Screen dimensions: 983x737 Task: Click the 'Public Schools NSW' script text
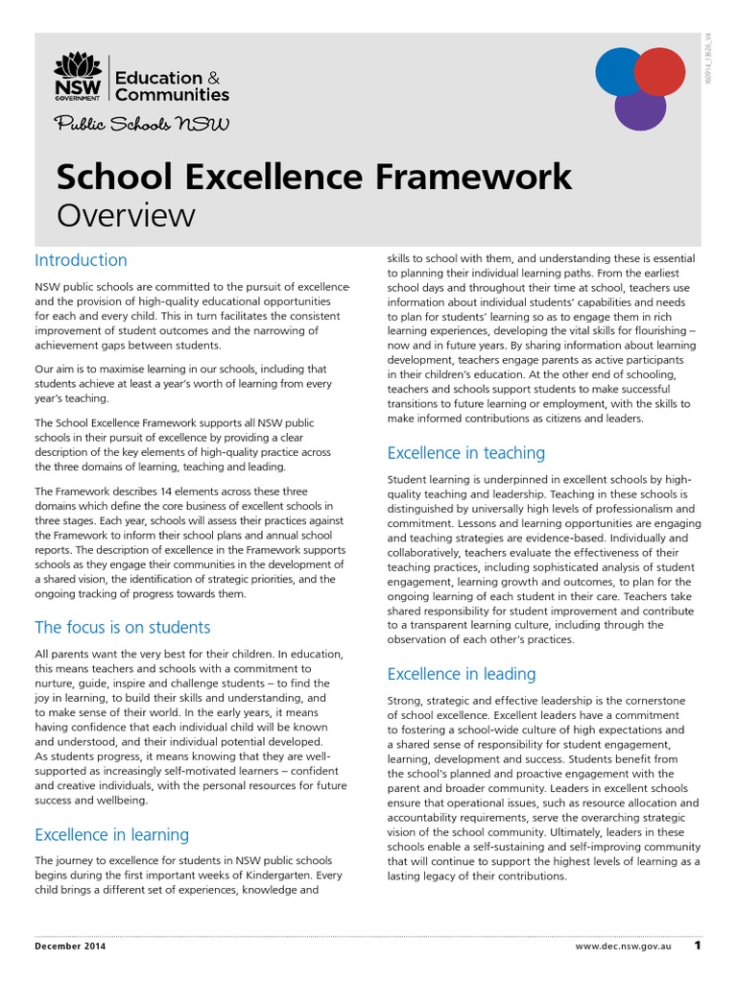pos(141,125)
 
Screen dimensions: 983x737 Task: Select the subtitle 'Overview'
pos(126,215)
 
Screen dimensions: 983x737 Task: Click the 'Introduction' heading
pos(81,260)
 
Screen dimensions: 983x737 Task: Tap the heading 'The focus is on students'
pos(122,628)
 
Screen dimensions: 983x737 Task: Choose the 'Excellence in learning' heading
pos(111,834)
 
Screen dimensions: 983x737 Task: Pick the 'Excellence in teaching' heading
pos(465,452)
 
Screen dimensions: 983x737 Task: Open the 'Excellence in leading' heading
pos(462,674)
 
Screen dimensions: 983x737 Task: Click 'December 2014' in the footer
pos(70,947)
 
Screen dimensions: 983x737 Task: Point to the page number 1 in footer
pos(698,946)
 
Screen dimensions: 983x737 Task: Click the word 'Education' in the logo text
pos(158,78)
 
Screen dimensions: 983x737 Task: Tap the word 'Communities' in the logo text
pos(172,94)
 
